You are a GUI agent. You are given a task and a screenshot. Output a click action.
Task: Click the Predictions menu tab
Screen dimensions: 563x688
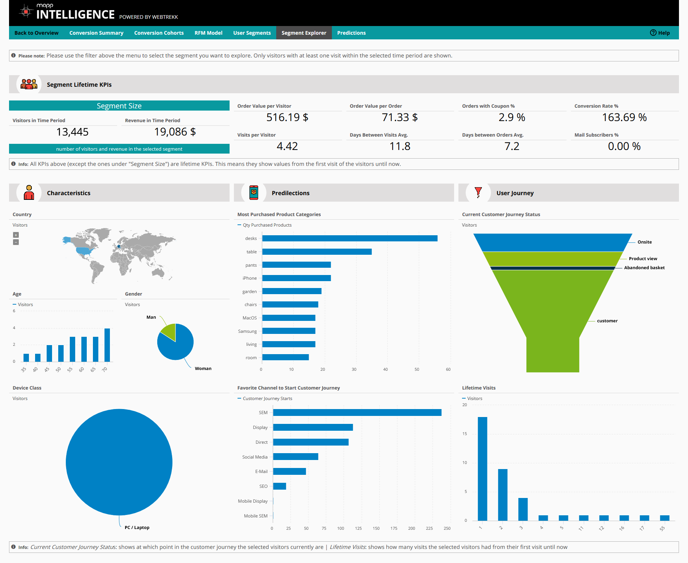tap(351, 33)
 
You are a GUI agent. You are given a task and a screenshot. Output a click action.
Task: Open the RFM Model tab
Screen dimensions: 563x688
tap(208, 33)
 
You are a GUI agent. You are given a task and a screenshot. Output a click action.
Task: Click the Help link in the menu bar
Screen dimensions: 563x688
tap(660, 33)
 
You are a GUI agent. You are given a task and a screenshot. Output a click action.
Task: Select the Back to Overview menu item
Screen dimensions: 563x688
tap(36, 33)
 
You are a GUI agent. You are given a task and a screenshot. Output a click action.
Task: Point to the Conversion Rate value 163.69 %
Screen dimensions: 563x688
tap(624, 117)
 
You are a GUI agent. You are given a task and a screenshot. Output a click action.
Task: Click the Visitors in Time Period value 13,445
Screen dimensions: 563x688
tap(72, 132)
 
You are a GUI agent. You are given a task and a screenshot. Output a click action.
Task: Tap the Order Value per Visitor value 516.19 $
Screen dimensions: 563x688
tap(287, 117)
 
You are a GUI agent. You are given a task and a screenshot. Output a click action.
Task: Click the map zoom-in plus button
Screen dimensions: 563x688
tap(16, 235)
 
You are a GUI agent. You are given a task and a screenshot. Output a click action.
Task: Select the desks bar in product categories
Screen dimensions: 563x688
tap(350, 238)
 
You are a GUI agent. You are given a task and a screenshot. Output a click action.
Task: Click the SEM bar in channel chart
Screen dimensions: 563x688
tap(357, 413)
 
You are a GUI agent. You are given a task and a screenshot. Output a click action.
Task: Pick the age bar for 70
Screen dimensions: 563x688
tap(107, 345)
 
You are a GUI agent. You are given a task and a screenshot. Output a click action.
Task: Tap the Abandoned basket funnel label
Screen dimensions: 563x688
tap(644, 268)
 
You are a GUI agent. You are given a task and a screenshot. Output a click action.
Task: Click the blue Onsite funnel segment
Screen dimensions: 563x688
tap(552, 242)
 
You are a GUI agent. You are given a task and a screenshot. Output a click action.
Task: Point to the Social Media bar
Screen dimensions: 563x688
tap(295, 457)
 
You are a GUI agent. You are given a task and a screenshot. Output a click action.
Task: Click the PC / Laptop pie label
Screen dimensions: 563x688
tap(137, 528)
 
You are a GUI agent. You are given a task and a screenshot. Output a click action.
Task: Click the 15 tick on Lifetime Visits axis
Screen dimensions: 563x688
tap(465, 434)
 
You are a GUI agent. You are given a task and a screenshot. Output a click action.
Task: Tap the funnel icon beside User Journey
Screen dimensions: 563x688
tap(478, 192)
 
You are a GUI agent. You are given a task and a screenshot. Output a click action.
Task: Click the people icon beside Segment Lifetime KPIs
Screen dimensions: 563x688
tap(29, 84)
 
